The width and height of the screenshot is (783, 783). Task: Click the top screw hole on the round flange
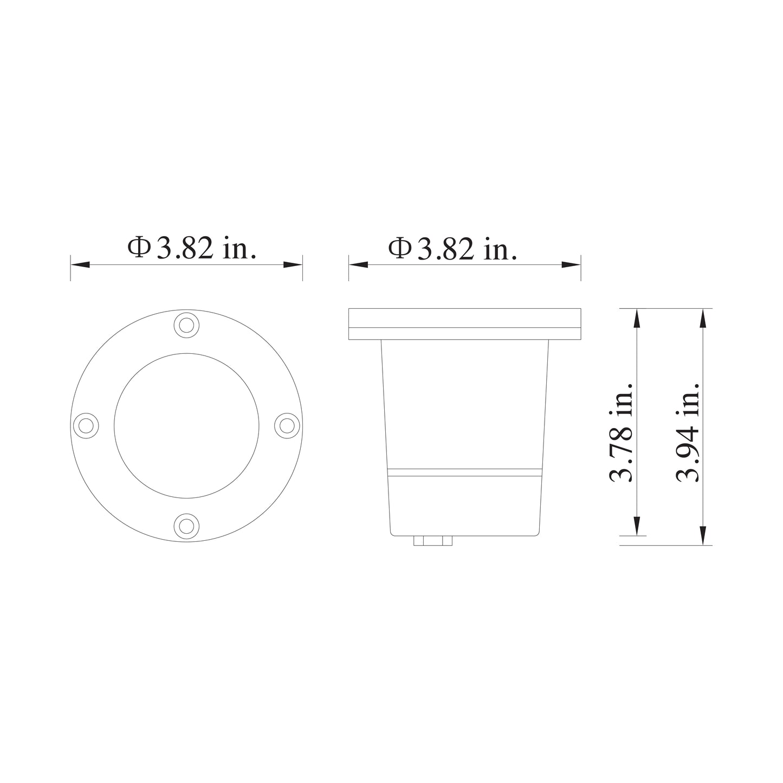click(x=186, y=325)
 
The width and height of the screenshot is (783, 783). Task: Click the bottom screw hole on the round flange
click(x=186, y=525)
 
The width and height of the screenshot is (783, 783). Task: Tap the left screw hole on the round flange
click(x=86, y=425)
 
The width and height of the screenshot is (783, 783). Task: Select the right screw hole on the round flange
click(x=287, y=425)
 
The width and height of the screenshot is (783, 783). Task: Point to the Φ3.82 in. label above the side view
click(x=452, y=249)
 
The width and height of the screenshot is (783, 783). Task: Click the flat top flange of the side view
click(x=464, y=323)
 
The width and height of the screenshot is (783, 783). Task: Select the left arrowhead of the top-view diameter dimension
click(x=80, y=264)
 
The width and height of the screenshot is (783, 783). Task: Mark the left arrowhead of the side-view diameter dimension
click(x=358, y=264)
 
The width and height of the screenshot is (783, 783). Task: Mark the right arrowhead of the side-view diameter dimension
click(x=571, y=264)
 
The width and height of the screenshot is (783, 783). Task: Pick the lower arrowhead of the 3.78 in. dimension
click(x=637, y=526)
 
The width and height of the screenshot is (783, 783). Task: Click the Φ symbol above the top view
click(x=139, y=248)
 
